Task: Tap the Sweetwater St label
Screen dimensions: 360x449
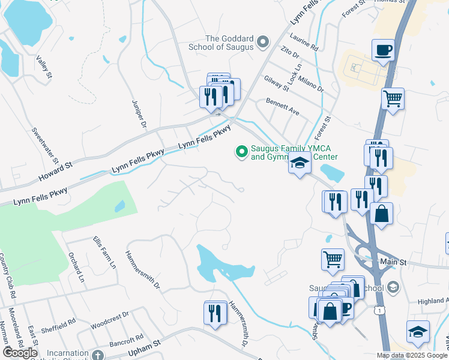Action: click(46, 145)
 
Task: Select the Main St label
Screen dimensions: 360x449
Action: click(394, 263)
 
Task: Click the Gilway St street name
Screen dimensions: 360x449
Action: click(277, 83)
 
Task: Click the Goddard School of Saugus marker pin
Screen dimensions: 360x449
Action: click(262, 41)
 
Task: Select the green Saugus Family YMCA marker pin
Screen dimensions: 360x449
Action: click(242, 152)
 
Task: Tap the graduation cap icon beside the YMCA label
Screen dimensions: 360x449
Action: click(299, 163)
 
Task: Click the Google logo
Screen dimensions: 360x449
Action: click(20, 353)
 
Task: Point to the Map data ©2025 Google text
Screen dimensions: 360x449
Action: click(411, 355)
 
